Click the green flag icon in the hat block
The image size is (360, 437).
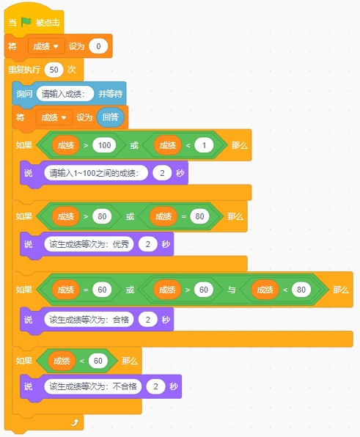[x=26, y=22]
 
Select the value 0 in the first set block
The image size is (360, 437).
[x=98, y=46]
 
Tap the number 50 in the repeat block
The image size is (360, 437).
[x=54, y=70]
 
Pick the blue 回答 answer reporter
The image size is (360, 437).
[x=110, y=117]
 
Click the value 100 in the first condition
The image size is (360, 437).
[x=104, y=145]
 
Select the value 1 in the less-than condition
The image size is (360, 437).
[x=204, y=145]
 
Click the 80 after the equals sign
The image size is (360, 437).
[x=199, y=216]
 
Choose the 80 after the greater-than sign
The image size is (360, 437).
[x=102, y=216]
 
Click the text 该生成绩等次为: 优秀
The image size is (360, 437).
[x=89, y=244]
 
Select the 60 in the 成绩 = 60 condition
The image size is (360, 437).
[x=102, y=290]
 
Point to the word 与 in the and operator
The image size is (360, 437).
[x=231, y=290]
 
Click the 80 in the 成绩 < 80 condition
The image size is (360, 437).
[x=301, y=290]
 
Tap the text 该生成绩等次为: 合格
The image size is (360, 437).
[x=89, y=320]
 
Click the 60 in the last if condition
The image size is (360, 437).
[x=98, y=361]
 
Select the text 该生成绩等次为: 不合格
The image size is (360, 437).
[x=93, y=386]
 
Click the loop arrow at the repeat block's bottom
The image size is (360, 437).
[x=75, y=422]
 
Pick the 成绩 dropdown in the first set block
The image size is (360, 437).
[x=46, y=46]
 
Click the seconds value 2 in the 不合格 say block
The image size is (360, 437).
[x=155, y=386]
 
